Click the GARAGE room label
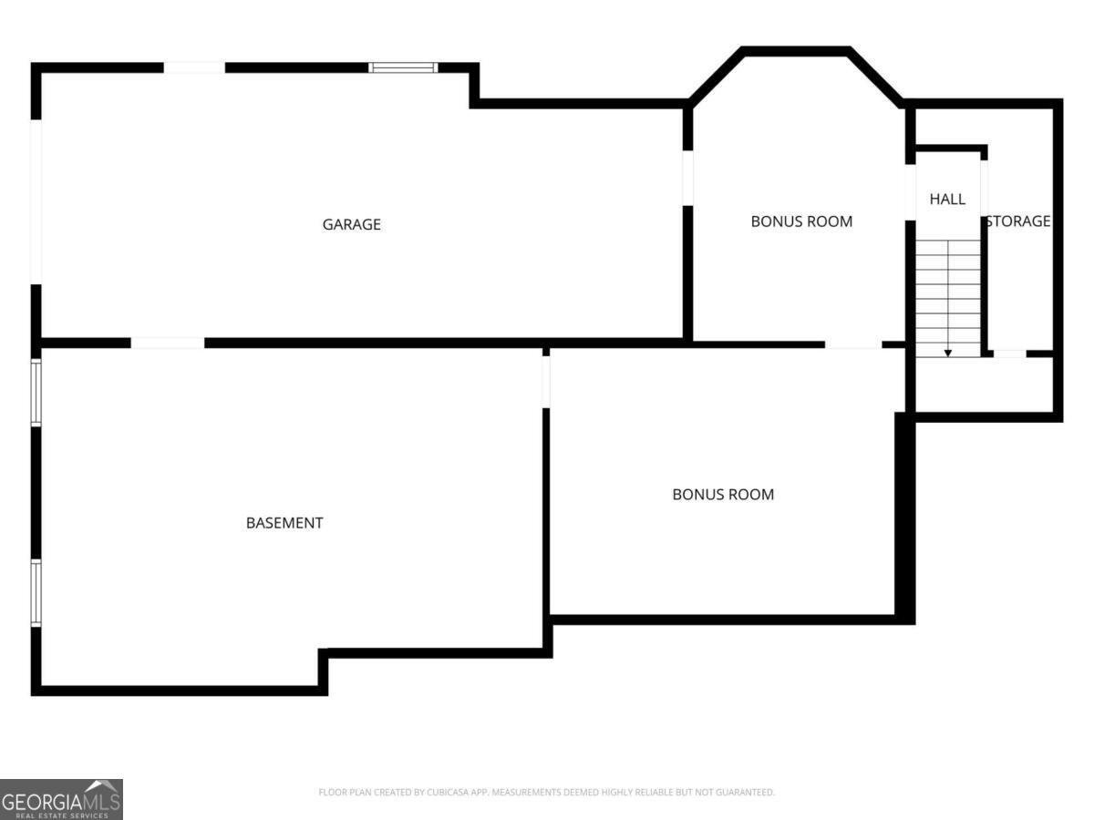point(351,224)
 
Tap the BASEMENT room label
point(284,523)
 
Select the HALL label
point(947,199)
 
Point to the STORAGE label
point(1018,221)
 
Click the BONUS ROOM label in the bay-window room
point(801,221)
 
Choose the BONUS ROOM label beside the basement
point(723,495)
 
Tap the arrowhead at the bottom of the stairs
point(948,353)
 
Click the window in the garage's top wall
point(403,67)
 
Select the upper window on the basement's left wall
point(36,393)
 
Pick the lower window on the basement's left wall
point(36,592)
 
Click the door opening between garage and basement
point(168,343)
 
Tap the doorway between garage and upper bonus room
point(687,178)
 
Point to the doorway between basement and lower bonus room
point(546,381)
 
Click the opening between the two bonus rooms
point(853,344)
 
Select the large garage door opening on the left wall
point(36,201)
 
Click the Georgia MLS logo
point(61,799)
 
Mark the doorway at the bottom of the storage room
point(1008,354)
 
